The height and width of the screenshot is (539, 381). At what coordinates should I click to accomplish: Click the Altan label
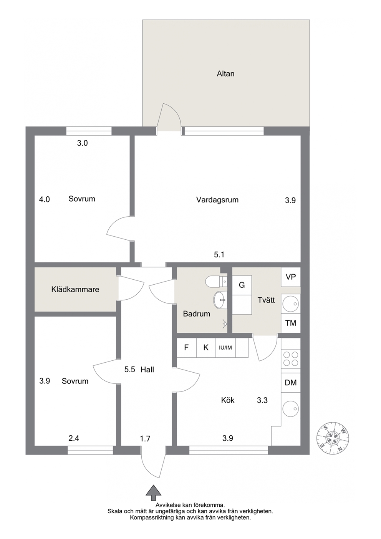point(225,74)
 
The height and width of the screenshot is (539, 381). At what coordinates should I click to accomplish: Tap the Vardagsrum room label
point(217,200)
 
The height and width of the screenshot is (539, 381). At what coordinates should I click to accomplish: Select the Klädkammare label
point(75,289)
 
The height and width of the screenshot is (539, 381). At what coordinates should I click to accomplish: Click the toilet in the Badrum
point(216,282)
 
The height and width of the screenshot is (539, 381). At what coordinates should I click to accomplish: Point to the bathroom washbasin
point(220,300)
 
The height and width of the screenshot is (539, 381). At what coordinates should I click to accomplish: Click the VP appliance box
point(291,277)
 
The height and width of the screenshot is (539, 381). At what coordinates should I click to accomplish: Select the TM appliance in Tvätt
point(291,323)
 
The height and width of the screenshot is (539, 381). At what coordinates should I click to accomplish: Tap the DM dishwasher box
point(291,383)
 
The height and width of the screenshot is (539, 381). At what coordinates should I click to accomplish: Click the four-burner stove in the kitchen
point(291,358)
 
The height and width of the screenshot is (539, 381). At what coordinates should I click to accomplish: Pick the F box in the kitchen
point(186,348)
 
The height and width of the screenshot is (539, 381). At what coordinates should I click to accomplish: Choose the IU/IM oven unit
point(225,348)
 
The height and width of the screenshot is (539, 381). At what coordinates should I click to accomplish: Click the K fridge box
point(206,348)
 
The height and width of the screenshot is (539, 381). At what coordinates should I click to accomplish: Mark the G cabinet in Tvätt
point(242,285)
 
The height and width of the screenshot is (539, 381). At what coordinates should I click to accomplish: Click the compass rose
point(333,438)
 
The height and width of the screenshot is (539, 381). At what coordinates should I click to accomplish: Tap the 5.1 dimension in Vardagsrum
point(219,255)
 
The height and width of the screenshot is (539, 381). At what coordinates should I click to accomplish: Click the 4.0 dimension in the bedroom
point(45,199)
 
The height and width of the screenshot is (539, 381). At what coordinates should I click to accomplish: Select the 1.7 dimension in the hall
point(145,439)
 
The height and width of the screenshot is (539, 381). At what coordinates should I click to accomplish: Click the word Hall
point(147,370)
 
